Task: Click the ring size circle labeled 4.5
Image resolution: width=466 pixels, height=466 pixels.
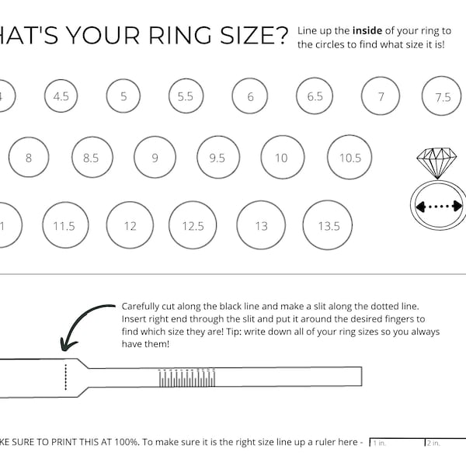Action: click(x=61, y=96)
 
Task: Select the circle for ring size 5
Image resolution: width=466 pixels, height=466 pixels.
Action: click(x=123, y=96)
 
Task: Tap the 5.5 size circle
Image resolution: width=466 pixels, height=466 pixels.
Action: click(x=185, y=96)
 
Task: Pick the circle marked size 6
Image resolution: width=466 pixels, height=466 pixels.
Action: click(x=250, y=97)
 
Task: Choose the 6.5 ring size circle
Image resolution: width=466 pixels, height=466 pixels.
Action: click(x=315, y=96)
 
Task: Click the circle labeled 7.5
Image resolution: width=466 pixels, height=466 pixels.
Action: click(x=442, y=97)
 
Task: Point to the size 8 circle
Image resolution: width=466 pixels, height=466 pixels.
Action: click(x=29, y=158)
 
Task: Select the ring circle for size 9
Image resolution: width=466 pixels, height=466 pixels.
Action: click(x=155, y=158)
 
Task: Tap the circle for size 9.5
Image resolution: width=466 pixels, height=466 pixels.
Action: click(x=217, y=158)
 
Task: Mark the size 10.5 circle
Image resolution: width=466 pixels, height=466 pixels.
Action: click(x=350, y=158)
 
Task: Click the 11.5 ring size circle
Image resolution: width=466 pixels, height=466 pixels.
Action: click(x=64, y=226)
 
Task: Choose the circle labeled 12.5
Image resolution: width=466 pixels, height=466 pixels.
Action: click(x=193, y=226)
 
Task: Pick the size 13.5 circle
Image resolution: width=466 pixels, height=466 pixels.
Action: click(x=329, y=226)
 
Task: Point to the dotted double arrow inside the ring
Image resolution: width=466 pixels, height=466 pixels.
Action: click(x=440, y=207)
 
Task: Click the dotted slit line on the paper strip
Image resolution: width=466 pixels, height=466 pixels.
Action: click(x=66, y=376)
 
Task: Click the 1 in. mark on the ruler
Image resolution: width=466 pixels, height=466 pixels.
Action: click(x=380, y=443)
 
